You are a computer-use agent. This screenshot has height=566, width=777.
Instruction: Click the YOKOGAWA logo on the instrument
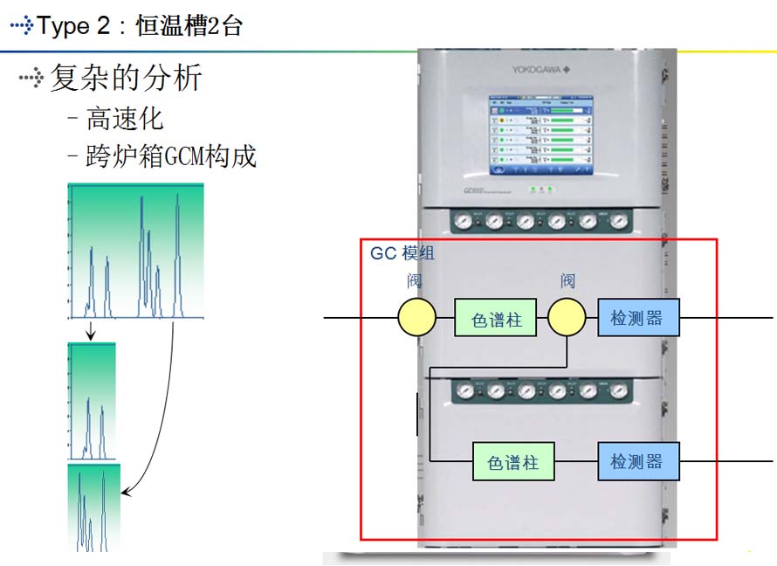[x=539, y=71]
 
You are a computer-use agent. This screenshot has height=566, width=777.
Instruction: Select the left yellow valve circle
[x=416, y=318]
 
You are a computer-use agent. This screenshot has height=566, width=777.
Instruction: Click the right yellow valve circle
[x=567, y=318]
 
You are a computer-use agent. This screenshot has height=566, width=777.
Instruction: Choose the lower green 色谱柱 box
[x=513, y=461]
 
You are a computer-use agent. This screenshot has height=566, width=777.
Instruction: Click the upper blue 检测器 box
[x=638, y=318]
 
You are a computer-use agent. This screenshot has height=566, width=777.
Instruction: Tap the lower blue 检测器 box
[x=638, y=460]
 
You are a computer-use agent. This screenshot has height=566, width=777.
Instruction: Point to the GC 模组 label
[x=402, y=254]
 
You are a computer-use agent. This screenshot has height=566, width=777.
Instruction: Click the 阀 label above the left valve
[x=415, y=281]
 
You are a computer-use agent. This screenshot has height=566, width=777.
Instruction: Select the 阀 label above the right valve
[x=567, y=281]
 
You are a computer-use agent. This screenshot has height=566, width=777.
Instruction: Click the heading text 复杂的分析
[x=126, y=79]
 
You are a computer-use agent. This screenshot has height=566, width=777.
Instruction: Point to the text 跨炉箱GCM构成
[x=171, y=156]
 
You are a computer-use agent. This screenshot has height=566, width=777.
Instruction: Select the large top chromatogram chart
[x=135, y=251]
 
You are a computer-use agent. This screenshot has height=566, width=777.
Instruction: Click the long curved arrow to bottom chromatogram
[x=167, y=419]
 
